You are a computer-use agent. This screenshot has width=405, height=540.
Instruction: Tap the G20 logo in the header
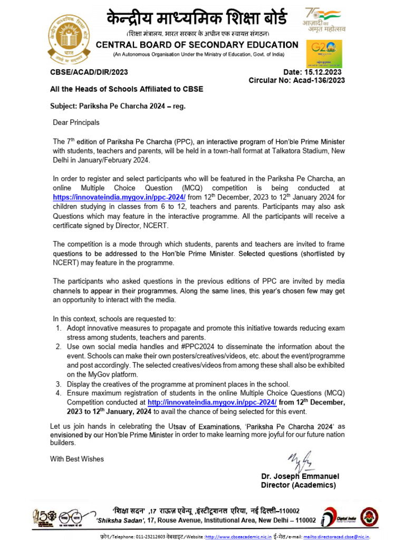[x=324, y=53]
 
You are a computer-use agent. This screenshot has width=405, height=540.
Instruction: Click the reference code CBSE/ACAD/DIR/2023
[x=89, y=72]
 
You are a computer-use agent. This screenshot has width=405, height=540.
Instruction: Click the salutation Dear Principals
[x=76, y=122]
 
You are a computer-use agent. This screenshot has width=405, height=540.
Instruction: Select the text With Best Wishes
[x=77, y=459]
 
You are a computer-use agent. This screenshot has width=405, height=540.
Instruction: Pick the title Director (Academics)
[x=298, y=485]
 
